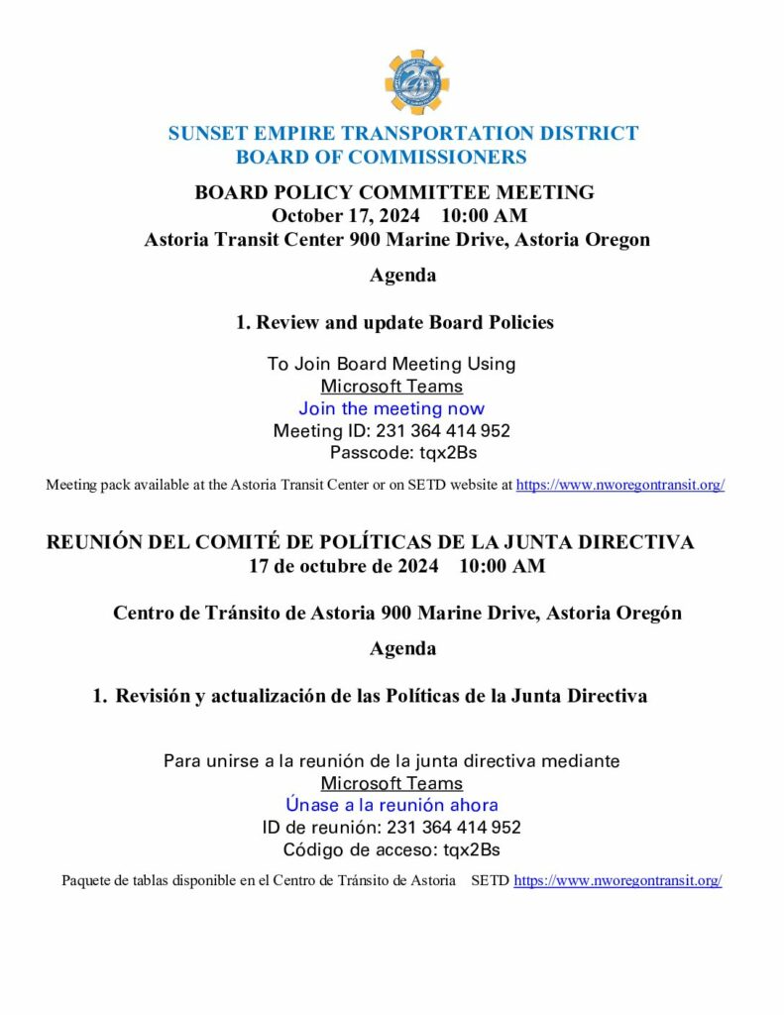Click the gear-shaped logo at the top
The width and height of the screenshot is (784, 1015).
pos(415,82)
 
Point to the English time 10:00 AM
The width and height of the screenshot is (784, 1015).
pos(484,216)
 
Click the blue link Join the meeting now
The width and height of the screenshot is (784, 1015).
pos(392,408)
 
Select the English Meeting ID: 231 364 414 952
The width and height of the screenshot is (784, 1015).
pos(392,431)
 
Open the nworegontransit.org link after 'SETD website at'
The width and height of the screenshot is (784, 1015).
pos(620,486)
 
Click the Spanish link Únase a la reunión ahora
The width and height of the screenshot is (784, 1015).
pos(392,805)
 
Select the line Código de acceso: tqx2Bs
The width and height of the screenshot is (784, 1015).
pos(392,849)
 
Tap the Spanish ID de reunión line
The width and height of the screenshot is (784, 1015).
pos(392,828)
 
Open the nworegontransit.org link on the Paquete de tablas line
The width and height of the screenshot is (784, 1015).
pos(617,880)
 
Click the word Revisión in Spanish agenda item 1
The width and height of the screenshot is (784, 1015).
pos(152,696)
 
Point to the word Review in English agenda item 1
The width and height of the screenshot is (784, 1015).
pos(287,322)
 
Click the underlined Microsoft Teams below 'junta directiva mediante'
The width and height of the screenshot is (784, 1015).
pos(392,783)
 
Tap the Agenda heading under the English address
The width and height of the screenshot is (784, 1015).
pos(402,276)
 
